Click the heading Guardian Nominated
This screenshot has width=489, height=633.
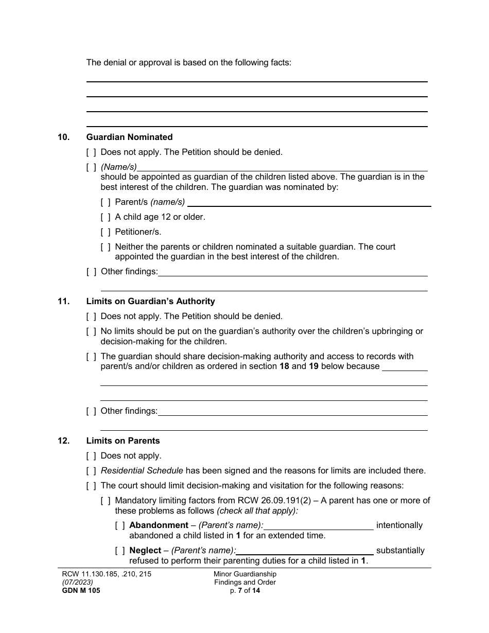[x=129, y=137]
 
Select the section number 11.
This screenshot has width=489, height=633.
[x=63, y=301]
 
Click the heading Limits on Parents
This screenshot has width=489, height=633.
[x=123, y=441]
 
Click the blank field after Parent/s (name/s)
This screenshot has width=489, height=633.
[x=309, y=202]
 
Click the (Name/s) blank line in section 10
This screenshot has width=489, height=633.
[x=283, y=167]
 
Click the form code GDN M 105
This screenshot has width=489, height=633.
[x=79, y=591]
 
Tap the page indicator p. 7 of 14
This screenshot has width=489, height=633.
[x=245, y=591]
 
